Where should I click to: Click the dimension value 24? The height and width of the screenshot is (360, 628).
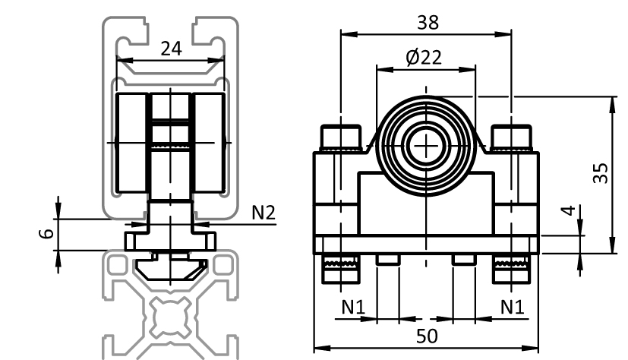click(x=172, y=49)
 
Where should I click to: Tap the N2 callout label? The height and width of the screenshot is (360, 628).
click(x=264, y=213)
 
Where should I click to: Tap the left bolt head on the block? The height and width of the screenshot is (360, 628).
click(x=340, y=137)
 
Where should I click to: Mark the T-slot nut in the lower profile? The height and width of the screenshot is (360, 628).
click(x=172, y=267)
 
